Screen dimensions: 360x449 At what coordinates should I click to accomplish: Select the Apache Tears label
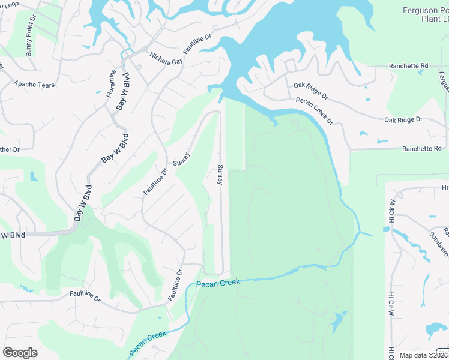coord(34,85)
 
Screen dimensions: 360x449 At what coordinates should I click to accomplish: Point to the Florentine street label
coord(112,84)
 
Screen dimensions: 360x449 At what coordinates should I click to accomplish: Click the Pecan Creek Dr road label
coord(314,111)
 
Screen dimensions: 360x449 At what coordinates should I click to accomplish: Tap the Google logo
coord(20,352)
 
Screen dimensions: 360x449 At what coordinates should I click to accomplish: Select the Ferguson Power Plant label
coord(426,14)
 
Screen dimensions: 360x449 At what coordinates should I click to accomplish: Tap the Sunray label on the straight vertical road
coord(220,175)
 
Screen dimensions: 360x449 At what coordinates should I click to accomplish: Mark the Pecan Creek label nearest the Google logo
coord(147,343)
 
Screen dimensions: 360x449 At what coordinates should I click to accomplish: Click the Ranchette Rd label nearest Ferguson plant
coord(408,65)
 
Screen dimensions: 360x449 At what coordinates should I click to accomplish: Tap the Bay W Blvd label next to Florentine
coord(124,95)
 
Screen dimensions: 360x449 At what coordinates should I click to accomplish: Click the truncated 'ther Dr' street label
coord(10,149)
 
